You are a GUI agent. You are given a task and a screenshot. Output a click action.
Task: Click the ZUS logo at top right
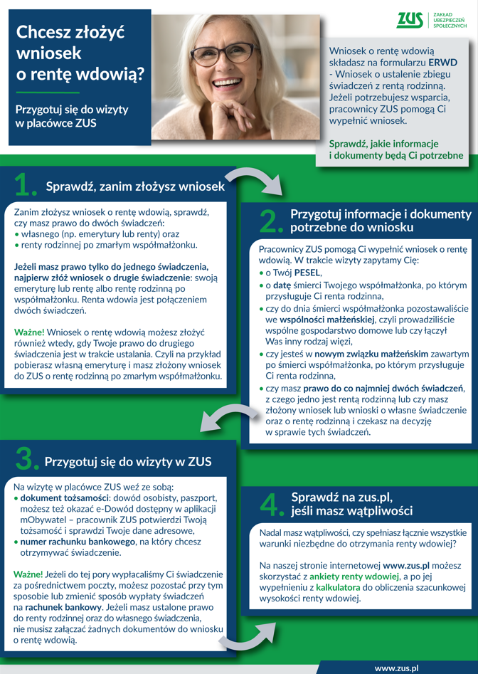coord(410,20)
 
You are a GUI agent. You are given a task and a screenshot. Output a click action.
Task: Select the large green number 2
coord(271,221)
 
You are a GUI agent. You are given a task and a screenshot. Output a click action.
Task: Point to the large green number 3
coord(26,460)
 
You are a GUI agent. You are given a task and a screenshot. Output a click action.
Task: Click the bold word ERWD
coord(442,63)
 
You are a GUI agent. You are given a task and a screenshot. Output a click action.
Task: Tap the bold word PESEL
coord(307,273)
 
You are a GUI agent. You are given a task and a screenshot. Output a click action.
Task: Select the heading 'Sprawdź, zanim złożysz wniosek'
coord(135,187)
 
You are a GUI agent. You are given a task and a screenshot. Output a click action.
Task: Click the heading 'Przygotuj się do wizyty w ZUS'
coord(128,461)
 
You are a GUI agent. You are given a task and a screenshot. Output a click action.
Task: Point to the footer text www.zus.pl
coord(396,668)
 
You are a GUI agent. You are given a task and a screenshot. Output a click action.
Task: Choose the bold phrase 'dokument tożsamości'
coord(64,498)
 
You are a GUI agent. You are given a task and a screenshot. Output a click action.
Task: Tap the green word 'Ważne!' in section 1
coord(29,332)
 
